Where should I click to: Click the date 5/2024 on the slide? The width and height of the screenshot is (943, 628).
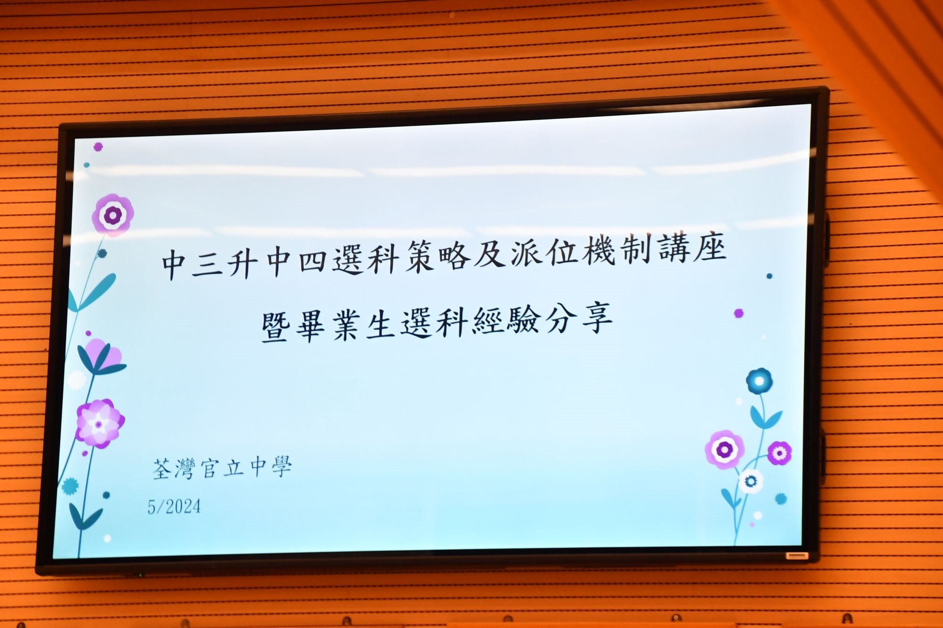pos(174,506)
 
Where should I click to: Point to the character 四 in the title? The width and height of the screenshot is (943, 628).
pos(313,260)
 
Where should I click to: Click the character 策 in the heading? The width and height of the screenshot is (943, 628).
pos(419,256)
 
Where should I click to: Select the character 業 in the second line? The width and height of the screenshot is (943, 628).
pos(347,325)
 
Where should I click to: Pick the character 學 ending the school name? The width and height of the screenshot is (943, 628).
pos(281,467)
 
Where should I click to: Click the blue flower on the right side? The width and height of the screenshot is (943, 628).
pos(759,381)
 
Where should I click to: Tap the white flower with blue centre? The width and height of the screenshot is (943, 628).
pos(751,481)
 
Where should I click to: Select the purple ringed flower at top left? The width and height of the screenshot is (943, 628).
pos(113,215)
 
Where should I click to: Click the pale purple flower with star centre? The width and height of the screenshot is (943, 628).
pos(99,424)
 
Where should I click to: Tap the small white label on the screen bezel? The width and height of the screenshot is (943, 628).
pos(796,556)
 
